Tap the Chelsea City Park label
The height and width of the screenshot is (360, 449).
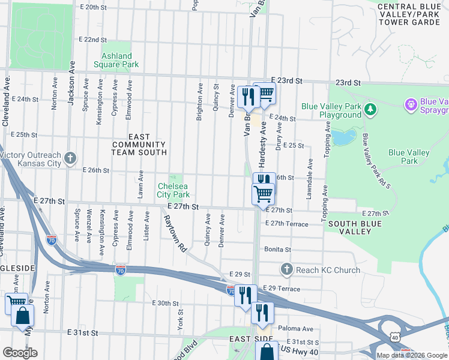[173, 190]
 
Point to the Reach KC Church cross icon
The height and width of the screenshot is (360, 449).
[286, 269]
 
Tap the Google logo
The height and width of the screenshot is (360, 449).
[20, 352]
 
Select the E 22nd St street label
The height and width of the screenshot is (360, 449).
[92, 40]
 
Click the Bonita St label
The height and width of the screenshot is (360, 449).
[276, 250]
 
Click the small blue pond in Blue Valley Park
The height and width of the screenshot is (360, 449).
[343, 137]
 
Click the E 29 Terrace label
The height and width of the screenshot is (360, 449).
[282, 289]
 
